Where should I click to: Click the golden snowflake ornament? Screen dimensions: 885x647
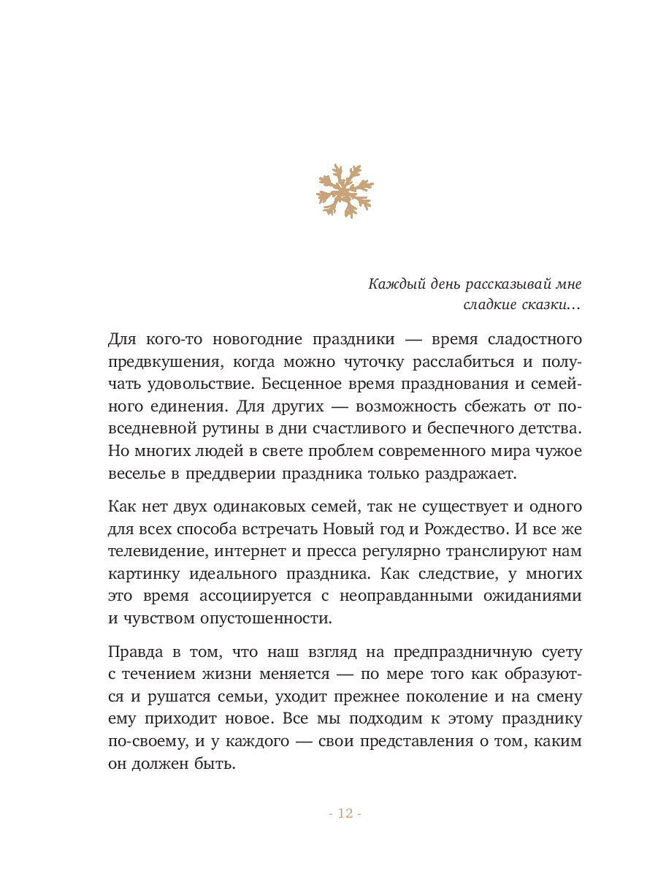coord(344,191)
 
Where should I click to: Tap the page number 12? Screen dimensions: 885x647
coord(345,813)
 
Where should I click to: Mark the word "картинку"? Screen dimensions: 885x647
coord(139,572)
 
